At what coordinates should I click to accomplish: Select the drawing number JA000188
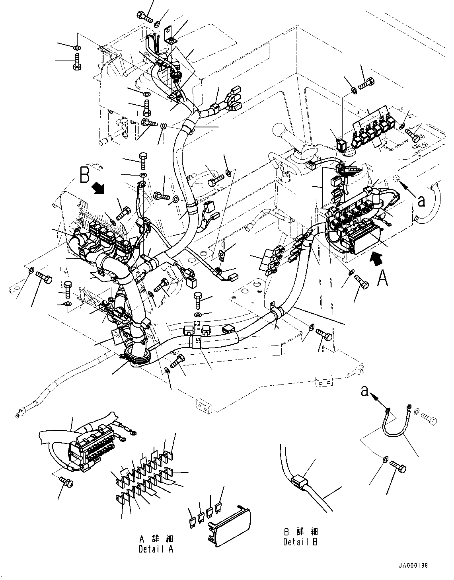413,565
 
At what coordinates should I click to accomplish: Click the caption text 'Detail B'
300,542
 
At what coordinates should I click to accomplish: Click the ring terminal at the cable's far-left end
18,415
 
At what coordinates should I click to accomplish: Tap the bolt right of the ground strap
428,418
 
